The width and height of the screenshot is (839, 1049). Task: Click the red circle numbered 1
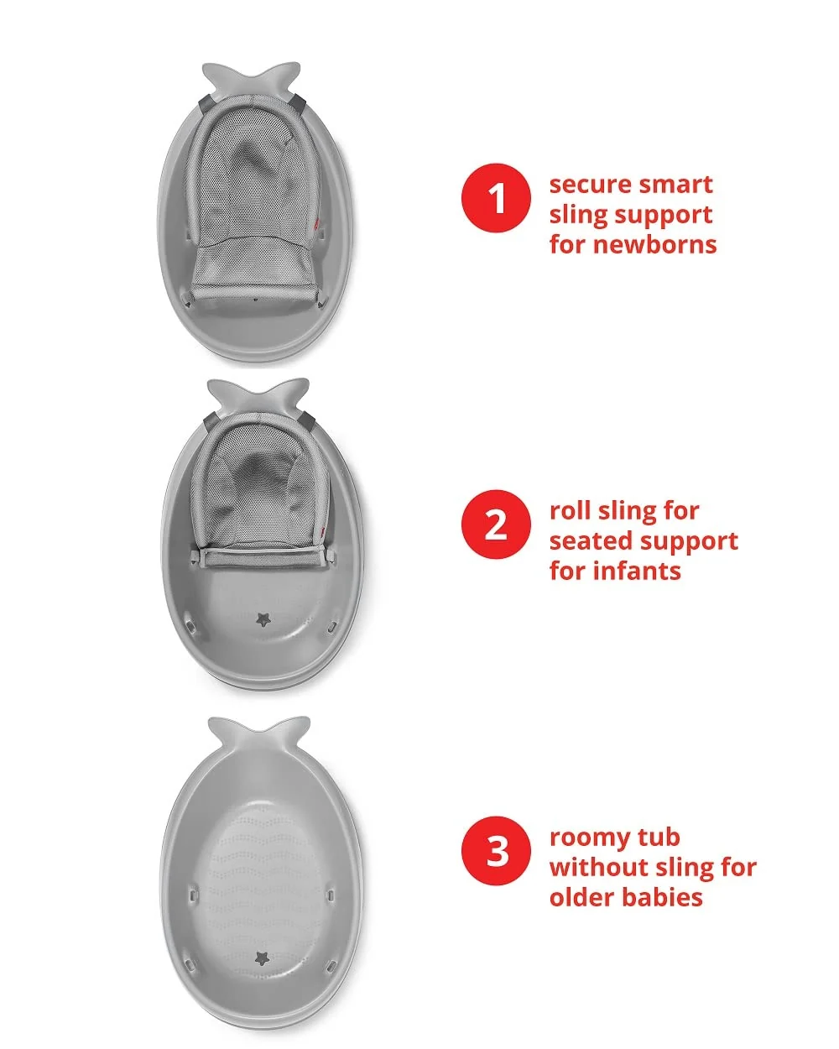coord(496,198)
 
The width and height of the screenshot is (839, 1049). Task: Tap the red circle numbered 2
coord(496,524)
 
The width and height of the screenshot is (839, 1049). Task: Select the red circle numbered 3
coord(496,851)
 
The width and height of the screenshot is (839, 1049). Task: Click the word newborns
coord(654,244)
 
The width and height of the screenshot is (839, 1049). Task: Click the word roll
coord(570,511)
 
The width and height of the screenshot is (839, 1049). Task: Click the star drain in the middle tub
coord(263,620)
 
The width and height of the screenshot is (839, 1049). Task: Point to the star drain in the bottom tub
coord(263,958)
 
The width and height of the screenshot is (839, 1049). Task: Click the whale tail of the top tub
coord(252,78)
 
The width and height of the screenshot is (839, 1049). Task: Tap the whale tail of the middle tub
coord(258,394)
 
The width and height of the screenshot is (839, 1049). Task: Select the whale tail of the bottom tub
coord(259,733)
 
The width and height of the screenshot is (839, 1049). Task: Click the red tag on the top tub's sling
coord(318,223)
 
